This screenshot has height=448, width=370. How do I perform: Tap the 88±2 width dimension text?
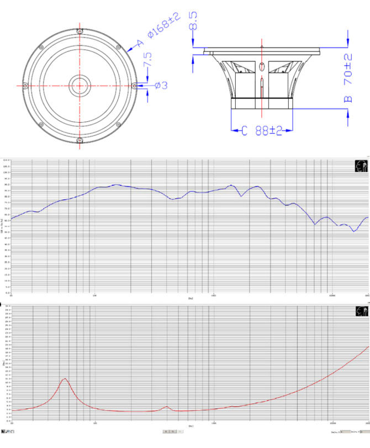coord(269,131)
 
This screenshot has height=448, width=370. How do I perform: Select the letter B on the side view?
coord(347,100)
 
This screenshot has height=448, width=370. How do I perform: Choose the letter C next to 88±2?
coord(244,131)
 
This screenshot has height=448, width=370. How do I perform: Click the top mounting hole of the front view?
coord(81,31)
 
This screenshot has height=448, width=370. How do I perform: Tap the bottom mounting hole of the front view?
coord(81,140)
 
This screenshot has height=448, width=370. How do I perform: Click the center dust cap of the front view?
coord(81,86)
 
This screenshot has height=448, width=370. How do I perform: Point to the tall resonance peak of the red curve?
coord(65,379)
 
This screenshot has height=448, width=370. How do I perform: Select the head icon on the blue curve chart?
coord(361,166)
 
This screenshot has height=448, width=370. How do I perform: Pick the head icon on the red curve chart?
coord(361,311)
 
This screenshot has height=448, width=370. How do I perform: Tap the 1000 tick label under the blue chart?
coord(213,295)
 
